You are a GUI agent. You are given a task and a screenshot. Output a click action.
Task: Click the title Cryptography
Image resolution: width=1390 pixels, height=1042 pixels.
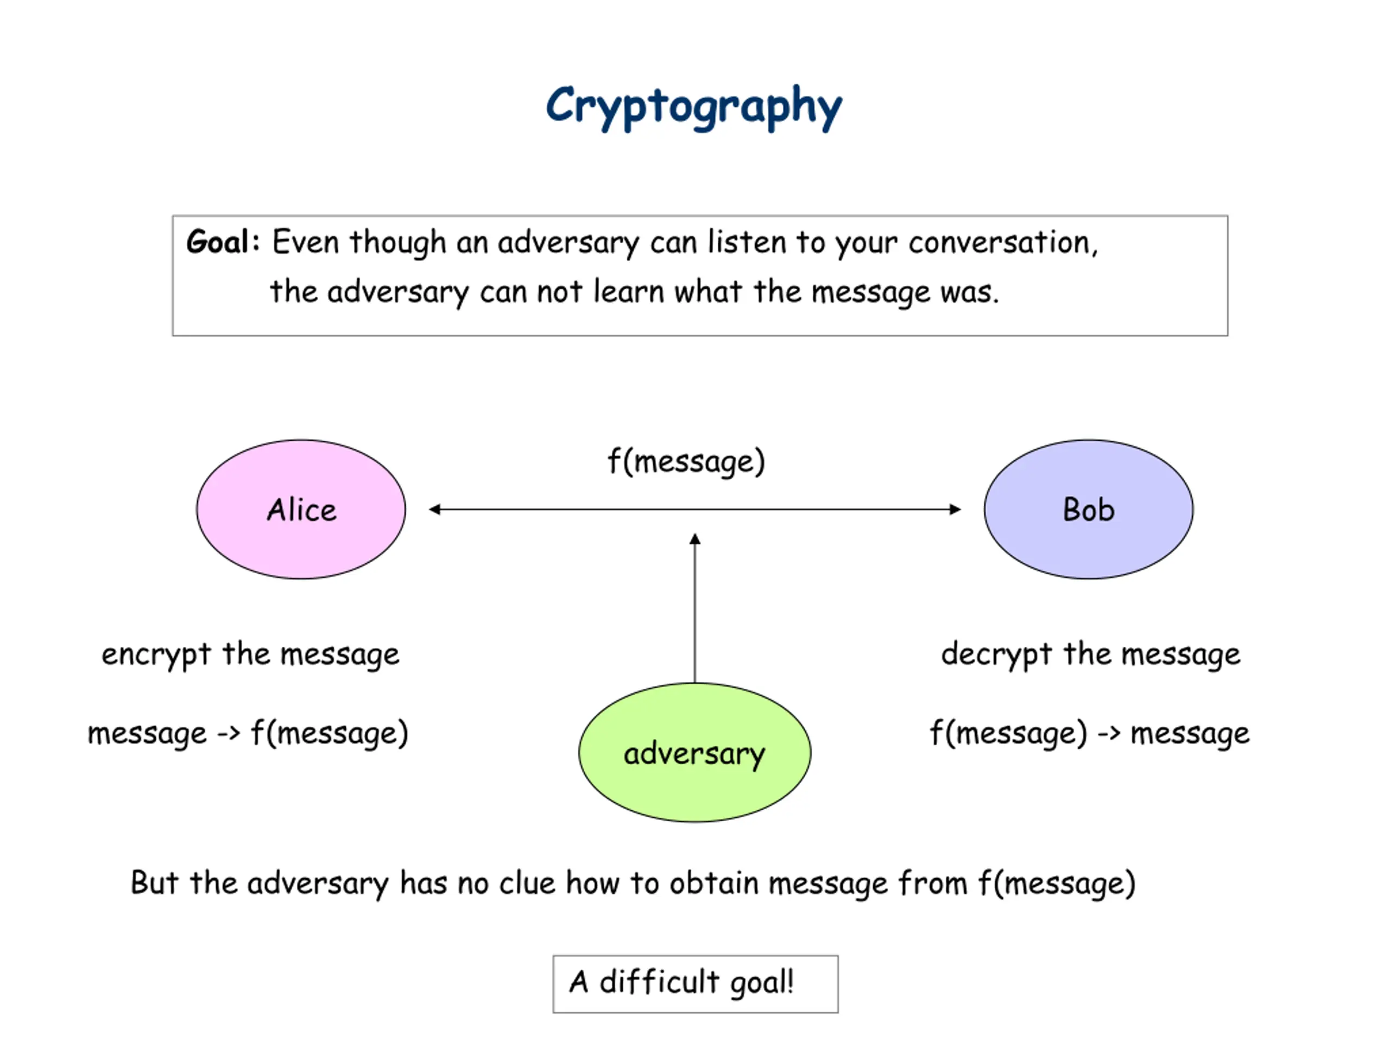694,107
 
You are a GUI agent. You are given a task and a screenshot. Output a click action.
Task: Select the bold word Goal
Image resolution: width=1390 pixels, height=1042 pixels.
217,242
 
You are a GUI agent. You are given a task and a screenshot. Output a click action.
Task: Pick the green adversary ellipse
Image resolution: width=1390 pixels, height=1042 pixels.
694,752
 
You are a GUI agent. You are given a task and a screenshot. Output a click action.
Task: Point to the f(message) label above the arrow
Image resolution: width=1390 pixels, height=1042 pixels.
686,462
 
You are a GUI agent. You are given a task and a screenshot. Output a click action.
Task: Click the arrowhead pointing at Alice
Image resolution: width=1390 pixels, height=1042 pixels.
434,510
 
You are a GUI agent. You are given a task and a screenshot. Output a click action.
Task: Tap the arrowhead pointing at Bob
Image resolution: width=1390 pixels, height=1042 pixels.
955,510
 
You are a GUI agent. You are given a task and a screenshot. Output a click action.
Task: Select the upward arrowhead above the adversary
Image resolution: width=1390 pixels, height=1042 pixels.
695,539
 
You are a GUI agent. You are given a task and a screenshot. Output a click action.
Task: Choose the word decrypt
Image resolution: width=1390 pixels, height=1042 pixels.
996,655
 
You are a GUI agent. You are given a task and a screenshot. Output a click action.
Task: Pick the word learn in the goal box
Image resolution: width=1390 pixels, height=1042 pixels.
629,291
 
